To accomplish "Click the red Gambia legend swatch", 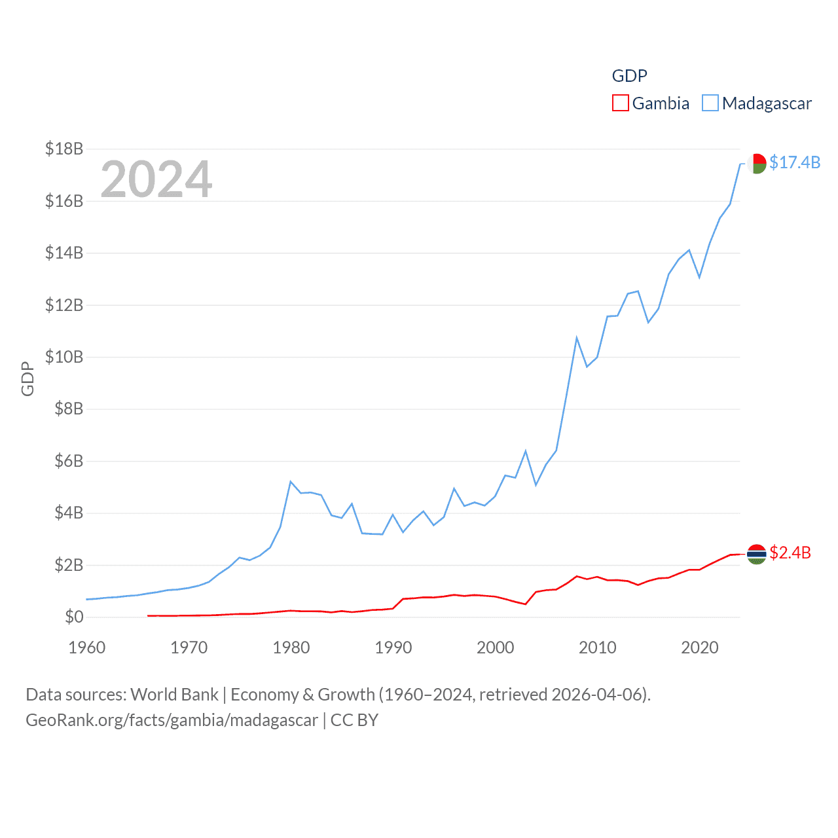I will [620, 103].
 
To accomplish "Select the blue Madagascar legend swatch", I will [710, 103].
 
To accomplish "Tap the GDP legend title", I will [629, 76].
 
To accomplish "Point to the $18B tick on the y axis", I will [64, 149].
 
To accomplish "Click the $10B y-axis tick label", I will [64, 357].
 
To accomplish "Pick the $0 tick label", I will [74, 617].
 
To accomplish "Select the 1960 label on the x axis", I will [87, 647].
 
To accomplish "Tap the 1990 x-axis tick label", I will [393, 647].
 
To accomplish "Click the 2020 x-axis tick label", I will [700, 647].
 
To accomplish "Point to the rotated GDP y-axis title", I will [27, 378].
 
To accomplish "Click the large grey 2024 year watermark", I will [156, 179].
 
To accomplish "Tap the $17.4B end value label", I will [794, 162].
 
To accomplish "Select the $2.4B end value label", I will [790, 553].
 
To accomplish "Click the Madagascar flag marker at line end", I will [757, 163].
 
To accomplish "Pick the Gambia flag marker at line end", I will [757, 554].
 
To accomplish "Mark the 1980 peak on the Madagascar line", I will [290, 482].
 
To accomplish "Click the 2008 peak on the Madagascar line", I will [576, 338].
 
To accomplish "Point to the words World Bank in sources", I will [174, 694].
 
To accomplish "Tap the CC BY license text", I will [354, 720].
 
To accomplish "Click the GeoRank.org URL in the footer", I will [172, 720].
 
